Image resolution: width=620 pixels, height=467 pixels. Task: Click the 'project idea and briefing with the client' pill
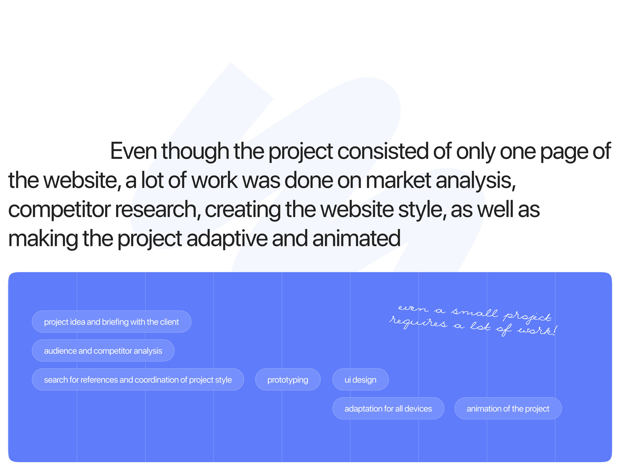click(112, 322)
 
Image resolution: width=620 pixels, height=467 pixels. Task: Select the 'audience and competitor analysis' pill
click(103, 351)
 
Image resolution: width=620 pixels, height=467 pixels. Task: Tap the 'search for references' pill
click(138, 380)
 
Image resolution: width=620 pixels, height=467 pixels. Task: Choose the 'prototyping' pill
click(288, 380)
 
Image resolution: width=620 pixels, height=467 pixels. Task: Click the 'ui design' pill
click(360, 380)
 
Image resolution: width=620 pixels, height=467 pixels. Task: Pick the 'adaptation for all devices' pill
click(388, 408)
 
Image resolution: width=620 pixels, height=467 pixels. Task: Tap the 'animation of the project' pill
click(508, 408)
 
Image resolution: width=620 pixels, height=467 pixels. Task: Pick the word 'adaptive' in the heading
click(227, 238)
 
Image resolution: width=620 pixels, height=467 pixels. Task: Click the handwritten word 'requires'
click(418, 322)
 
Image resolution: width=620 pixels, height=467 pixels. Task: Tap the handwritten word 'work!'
click(537, 330)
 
